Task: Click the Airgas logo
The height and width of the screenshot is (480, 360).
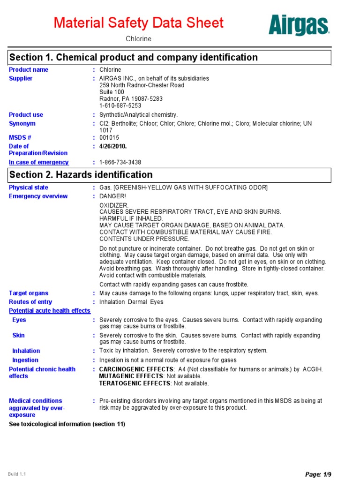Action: click(x=299, y=25)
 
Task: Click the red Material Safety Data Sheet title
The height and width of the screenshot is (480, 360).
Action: click(x=139, y=22)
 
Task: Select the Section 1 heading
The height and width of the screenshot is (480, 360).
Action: click(x=134, y=58)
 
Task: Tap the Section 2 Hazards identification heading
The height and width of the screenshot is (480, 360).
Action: click(x=81, y=175)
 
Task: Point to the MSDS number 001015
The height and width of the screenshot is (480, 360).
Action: click(x=109, y=137)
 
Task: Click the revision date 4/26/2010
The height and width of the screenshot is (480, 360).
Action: click(x=113, y=146)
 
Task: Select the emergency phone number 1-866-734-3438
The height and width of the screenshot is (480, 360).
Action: click(x=120, y=162)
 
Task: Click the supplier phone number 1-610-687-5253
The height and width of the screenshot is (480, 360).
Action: click(x=120, y=105)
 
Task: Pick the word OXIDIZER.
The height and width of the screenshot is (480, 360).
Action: click(x=114, y=205)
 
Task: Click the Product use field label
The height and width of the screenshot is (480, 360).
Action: click(x=26, y=115)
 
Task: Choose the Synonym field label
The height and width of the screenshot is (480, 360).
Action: click(x=22, y=124)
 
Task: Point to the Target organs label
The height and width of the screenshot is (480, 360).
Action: click(x=29, y=293)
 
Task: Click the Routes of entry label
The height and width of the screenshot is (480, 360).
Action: click(x=30, y=302)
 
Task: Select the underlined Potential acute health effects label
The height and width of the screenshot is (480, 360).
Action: click(x=50, y=311)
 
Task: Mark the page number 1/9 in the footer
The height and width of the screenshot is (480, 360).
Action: click(x=328, y=474)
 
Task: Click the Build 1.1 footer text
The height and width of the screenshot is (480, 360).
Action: click(x=17, y=474)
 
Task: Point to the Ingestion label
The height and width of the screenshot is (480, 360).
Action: click(x=25, y=360)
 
